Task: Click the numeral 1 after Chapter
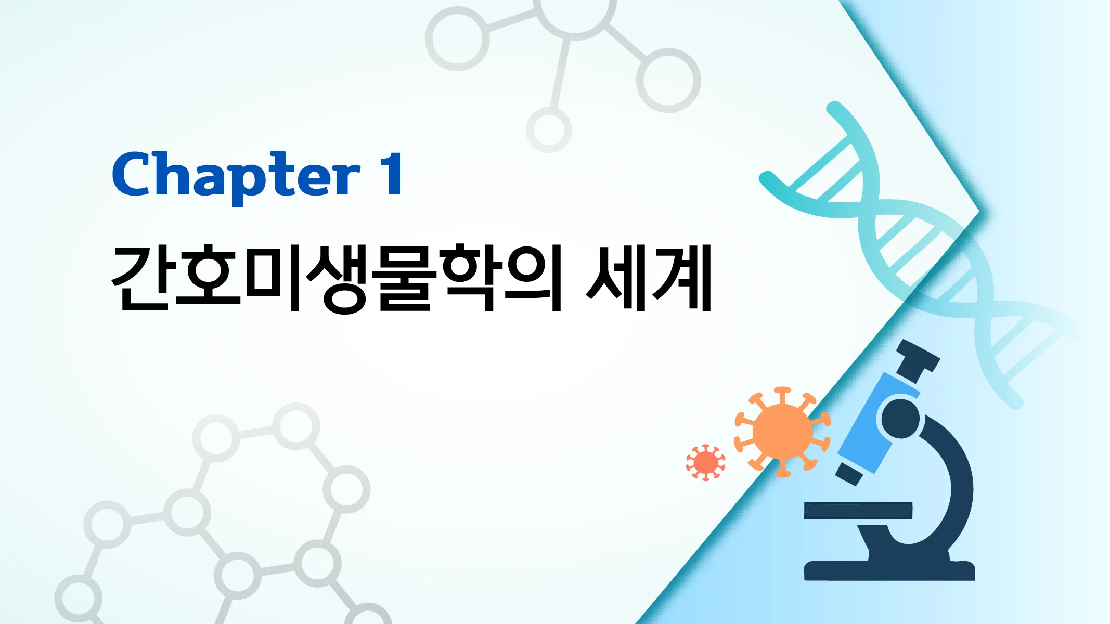coord(391,174)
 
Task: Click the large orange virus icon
coord(782,432)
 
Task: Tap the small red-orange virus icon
coord(705,462)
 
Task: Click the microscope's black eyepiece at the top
coord(918,358)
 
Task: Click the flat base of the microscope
coord(889,570)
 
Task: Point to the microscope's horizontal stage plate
coord(858,510)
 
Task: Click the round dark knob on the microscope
coord(901,419)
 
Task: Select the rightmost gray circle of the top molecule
coord(668,81)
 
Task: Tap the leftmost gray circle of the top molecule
coord(457,39)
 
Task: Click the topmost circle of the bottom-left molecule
coord(296,426)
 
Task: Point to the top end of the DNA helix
coord(835,109)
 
